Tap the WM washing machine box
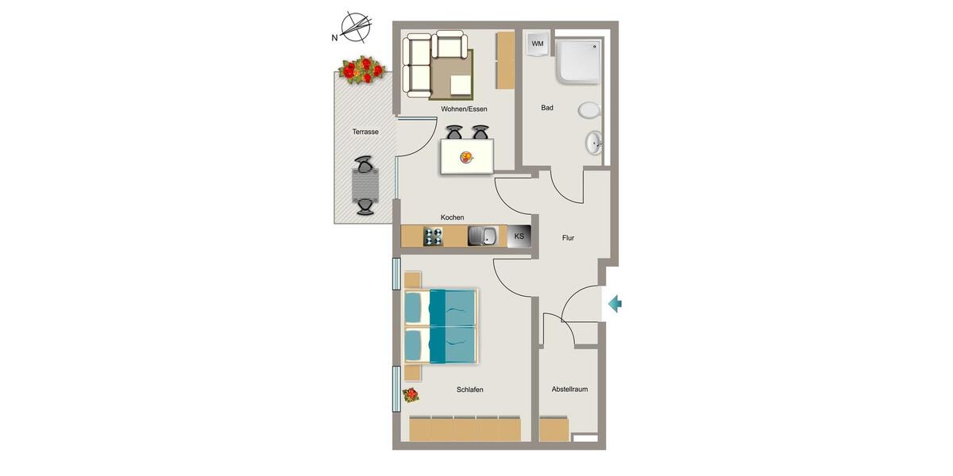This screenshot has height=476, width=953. click(538, 44)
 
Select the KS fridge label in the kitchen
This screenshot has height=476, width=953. click(519, 236)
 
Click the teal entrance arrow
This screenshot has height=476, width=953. click(615, 303)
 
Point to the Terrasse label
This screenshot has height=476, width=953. click(365, 132)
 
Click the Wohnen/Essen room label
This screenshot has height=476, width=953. click(464, 109)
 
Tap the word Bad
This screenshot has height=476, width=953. click(547, 108)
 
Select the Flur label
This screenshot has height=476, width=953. click(568, 237)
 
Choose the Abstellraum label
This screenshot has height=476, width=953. click(569, 390)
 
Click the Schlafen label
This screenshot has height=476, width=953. click(470, 390)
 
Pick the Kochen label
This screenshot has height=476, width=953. click(453, 217)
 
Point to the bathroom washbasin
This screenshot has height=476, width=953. click(593, 144)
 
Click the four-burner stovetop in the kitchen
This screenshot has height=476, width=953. click(433, 236)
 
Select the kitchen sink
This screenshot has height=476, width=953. click(482, 236)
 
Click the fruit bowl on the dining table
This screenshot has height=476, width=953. click(465, 157)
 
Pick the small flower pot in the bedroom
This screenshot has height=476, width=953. click(411, 394)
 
